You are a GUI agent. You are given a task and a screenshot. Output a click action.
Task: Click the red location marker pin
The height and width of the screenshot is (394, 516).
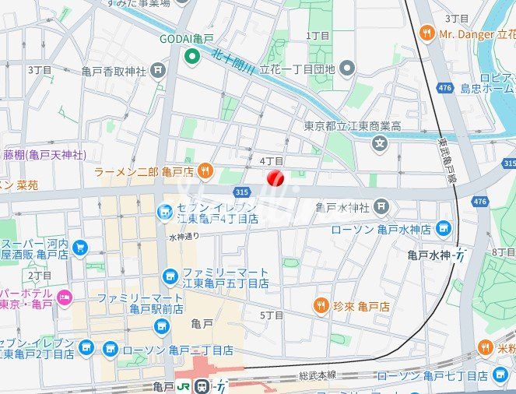[275, 178]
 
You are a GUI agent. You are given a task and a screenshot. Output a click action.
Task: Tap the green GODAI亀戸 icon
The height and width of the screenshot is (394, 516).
[191, 56]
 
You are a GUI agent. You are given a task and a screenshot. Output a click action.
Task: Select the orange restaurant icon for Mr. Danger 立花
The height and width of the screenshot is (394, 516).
[426, 33]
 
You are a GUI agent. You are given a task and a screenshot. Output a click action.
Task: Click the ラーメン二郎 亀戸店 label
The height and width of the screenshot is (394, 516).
[144, 171]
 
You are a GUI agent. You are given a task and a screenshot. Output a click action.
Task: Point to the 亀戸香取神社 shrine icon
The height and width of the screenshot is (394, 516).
[158, 71]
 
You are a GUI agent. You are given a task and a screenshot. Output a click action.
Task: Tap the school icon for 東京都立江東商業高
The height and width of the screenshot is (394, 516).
[379, 142]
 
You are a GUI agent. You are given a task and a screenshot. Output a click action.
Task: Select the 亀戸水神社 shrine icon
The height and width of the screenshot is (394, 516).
[380, 206]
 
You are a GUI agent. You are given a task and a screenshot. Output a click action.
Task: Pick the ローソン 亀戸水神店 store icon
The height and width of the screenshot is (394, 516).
[444, 228]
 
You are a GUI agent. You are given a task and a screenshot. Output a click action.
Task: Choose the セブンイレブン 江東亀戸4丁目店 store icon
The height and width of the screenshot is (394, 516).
[164, 211]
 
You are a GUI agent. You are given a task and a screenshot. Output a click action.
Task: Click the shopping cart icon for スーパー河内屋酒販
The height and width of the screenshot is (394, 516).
[79, 248]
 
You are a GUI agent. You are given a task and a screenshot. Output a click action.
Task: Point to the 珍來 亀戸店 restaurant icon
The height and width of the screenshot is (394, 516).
[319, 306]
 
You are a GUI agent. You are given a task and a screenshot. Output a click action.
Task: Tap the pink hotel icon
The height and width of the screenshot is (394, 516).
[65, 296]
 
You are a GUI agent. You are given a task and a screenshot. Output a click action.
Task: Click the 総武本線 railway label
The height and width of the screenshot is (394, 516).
[318, 375]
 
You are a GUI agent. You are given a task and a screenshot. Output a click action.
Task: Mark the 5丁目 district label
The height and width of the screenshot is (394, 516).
[272, 315]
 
